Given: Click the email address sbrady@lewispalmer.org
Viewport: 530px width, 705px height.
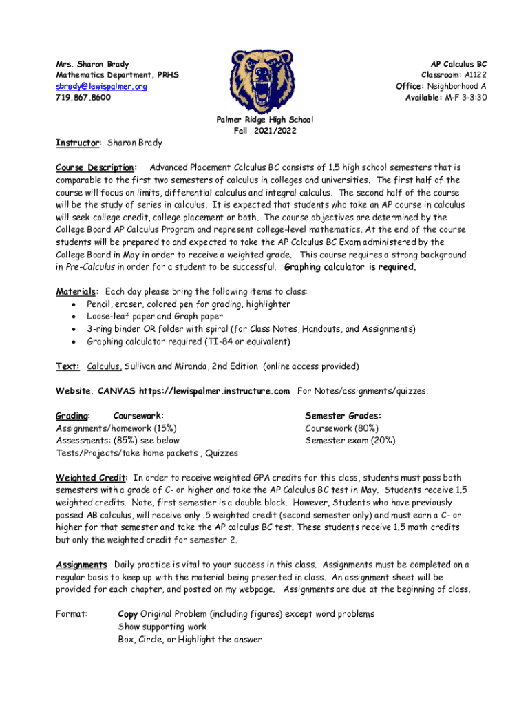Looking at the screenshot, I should [x=101, y=86].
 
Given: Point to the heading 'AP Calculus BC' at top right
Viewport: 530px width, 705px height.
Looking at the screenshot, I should [x=458, y=64].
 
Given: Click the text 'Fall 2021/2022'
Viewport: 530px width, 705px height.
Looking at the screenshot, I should [x=265, y=131].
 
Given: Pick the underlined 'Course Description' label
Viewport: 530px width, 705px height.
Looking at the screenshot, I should [x=95, y=167].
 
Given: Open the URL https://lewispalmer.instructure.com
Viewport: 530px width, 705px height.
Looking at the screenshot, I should [x=214, y=391].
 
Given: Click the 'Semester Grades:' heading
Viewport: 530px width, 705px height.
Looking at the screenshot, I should [x=343, y=416].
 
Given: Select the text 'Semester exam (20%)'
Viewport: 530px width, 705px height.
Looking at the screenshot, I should [x=350, y=441].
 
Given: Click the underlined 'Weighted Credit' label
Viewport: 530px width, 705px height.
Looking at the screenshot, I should [x=91, y=478].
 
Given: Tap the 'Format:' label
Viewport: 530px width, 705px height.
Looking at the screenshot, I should [x=71, y=614].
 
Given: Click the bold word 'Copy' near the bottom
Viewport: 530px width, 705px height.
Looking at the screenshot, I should [x=128, y=614].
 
